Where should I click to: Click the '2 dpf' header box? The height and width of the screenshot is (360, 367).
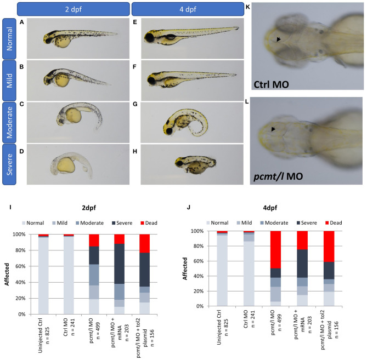[74, 9]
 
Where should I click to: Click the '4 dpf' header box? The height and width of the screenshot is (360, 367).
[189, 9]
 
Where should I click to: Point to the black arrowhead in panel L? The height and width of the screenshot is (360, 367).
[273, 129]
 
